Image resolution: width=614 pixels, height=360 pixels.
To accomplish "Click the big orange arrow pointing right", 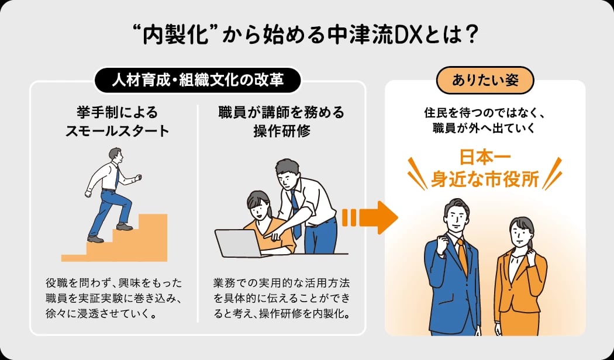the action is (370, 217).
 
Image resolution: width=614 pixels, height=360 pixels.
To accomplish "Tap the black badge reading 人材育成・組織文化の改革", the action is (198, 80).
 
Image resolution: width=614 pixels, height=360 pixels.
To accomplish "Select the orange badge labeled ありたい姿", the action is (485, 80).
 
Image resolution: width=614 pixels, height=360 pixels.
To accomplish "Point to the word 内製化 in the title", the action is (174, 36).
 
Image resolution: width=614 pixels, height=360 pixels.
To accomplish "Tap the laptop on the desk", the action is (238, 243).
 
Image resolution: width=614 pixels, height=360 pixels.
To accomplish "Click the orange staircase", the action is (115, 238).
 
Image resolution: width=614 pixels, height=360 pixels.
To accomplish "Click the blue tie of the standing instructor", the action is (296, 214).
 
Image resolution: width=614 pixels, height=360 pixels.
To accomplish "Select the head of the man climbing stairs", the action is (116, 155).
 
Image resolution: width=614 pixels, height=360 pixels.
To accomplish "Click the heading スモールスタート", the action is (117, 131).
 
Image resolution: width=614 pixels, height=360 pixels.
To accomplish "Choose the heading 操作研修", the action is (281, 131).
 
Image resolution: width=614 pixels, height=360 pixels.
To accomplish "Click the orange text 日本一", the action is (485, 159).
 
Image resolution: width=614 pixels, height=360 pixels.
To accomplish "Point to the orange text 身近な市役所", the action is (485, 181).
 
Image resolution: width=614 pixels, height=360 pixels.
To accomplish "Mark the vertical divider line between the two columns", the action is (198, 214).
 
